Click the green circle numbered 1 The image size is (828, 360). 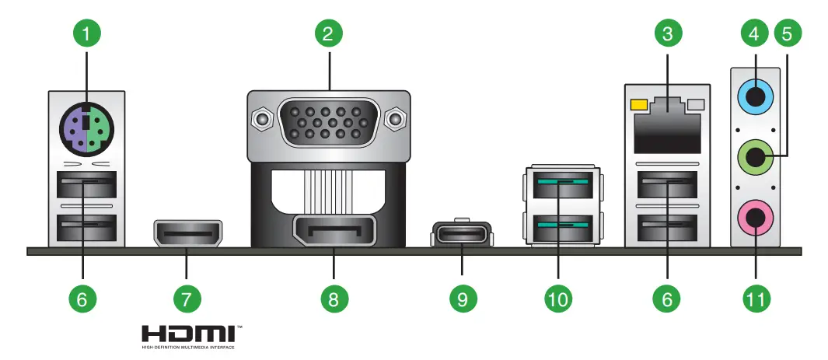[87, 33]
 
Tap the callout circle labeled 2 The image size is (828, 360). [329, 33]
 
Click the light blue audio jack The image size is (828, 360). [753, 97]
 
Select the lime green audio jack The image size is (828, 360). [753, 160]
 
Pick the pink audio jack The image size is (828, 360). [753, 218]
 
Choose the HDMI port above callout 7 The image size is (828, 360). [187, 232]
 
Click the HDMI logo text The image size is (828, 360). [191, 334]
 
